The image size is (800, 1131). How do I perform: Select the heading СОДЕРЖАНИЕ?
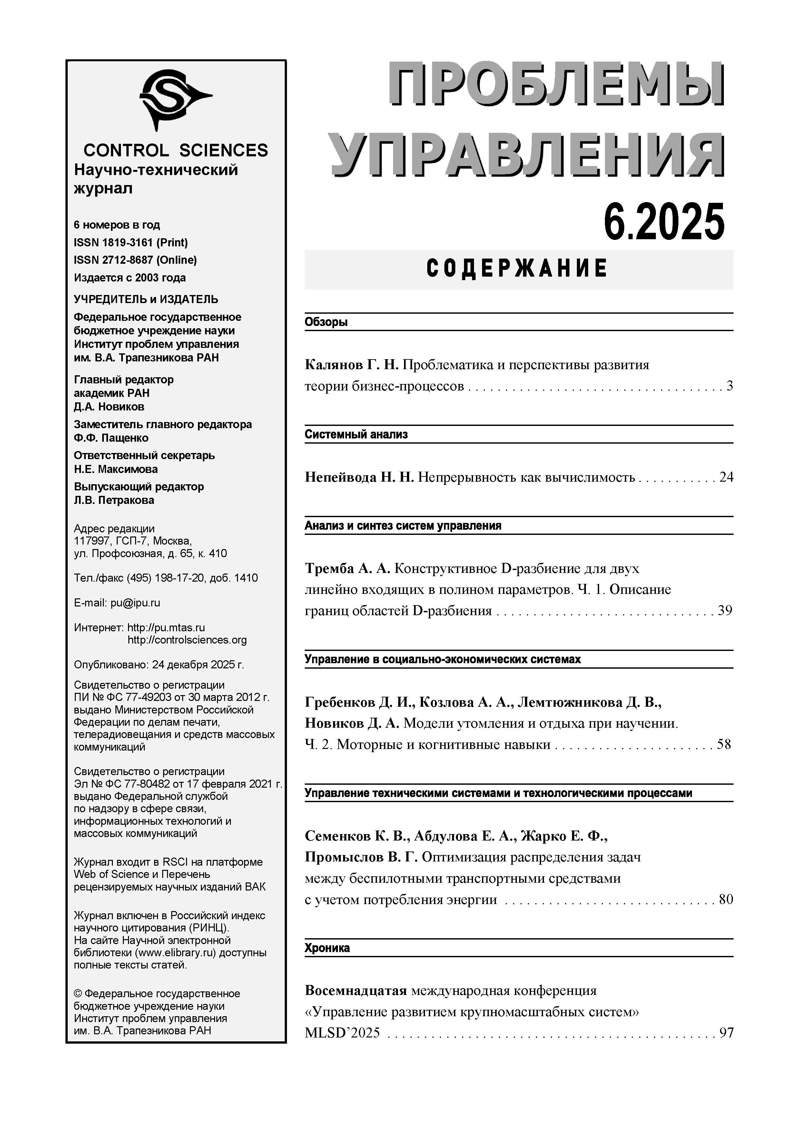coord(517,269)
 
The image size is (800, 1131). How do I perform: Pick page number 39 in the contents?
coord(725,611)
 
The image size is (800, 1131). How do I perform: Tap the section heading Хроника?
coord(327,948)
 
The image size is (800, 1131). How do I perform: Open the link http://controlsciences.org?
coord(187,640)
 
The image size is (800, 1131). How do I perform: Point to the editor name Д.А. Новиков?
coord(109,407)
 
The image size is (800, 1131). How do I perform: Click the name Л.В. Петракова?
coord(114,500)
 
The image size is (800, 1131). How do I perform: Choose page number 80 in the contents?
coord(726,900)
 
